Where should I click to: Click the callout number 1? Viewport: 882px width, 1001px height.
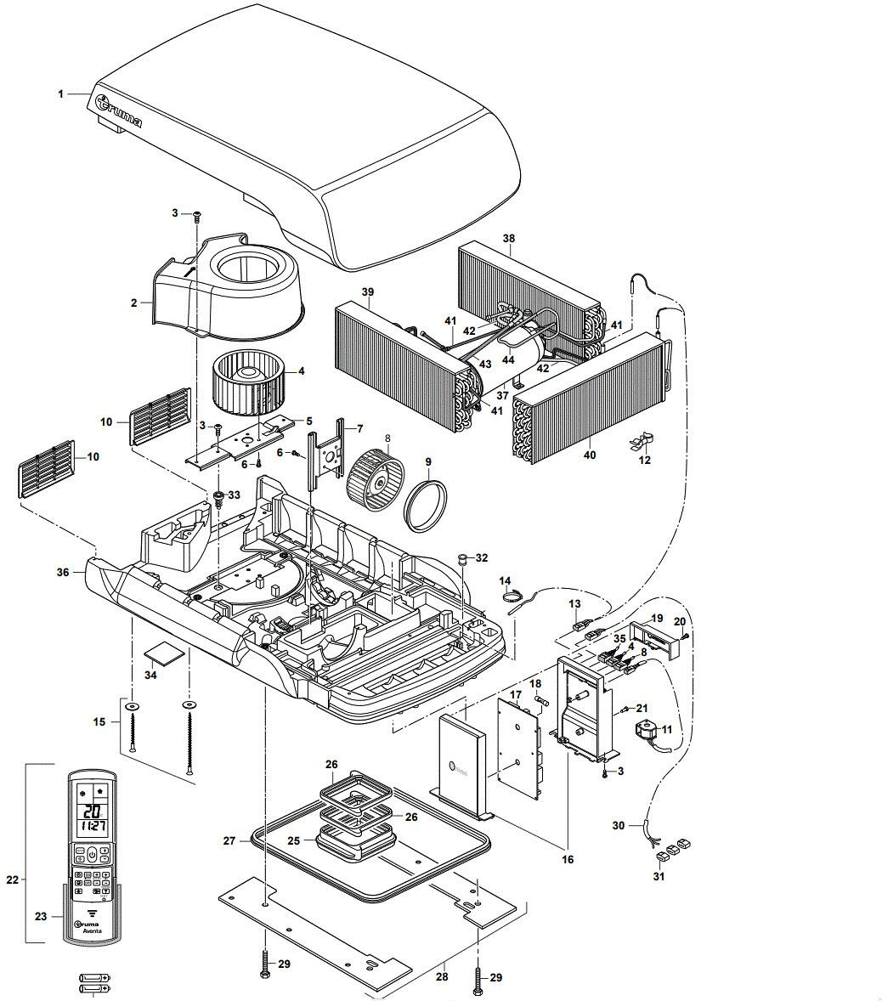tap(61, 93)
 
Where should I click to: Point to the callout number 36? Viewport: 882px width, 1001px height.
tap(63, 573)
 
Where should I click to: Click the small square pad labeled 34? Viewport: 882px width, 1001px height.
tap(163, 653)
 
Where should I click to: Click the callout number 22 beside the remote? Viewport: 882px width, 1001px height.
tap(12, 880)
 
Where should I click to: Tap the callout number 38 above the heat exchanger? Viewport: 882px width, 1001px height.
tap(508, 239)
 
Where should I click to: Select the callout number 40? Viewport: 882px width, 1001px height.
tap(589, 455)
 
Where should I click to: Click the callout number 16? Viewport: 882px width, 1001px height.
tap(568, 859)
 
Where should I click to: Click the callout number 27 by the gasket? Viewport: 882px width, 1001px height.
tap(229, 840)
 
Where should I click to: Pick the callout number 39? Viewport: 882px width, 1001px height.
tap(368, 292)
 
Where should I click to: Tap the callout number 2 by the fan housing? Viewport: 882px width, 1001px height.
tap(134, 303)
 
